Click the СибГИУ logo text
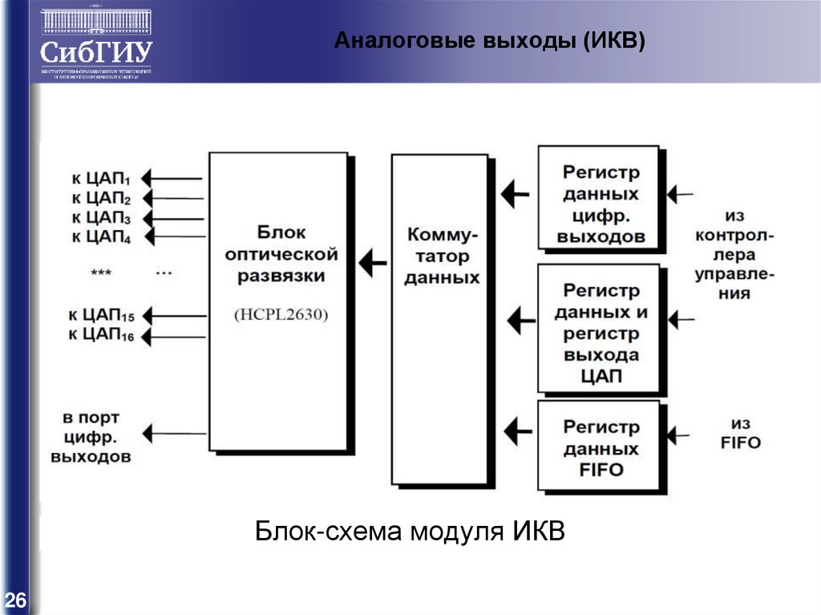point(95,53)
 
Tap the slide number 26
point(15,601)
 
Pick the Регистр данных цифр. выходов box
point(599,198)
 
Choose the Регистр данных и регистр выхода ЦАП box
point(601,330)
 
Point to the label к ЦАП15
point(101,314)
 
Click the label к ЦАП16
point(101,334)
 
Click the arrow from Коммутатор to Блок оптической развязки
point(371,261)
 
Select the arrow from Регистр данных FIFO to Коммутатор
point(519,434)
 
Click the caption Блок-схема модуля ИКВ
point(410,531)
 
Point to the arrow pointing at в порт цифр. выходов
point(173,434)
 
